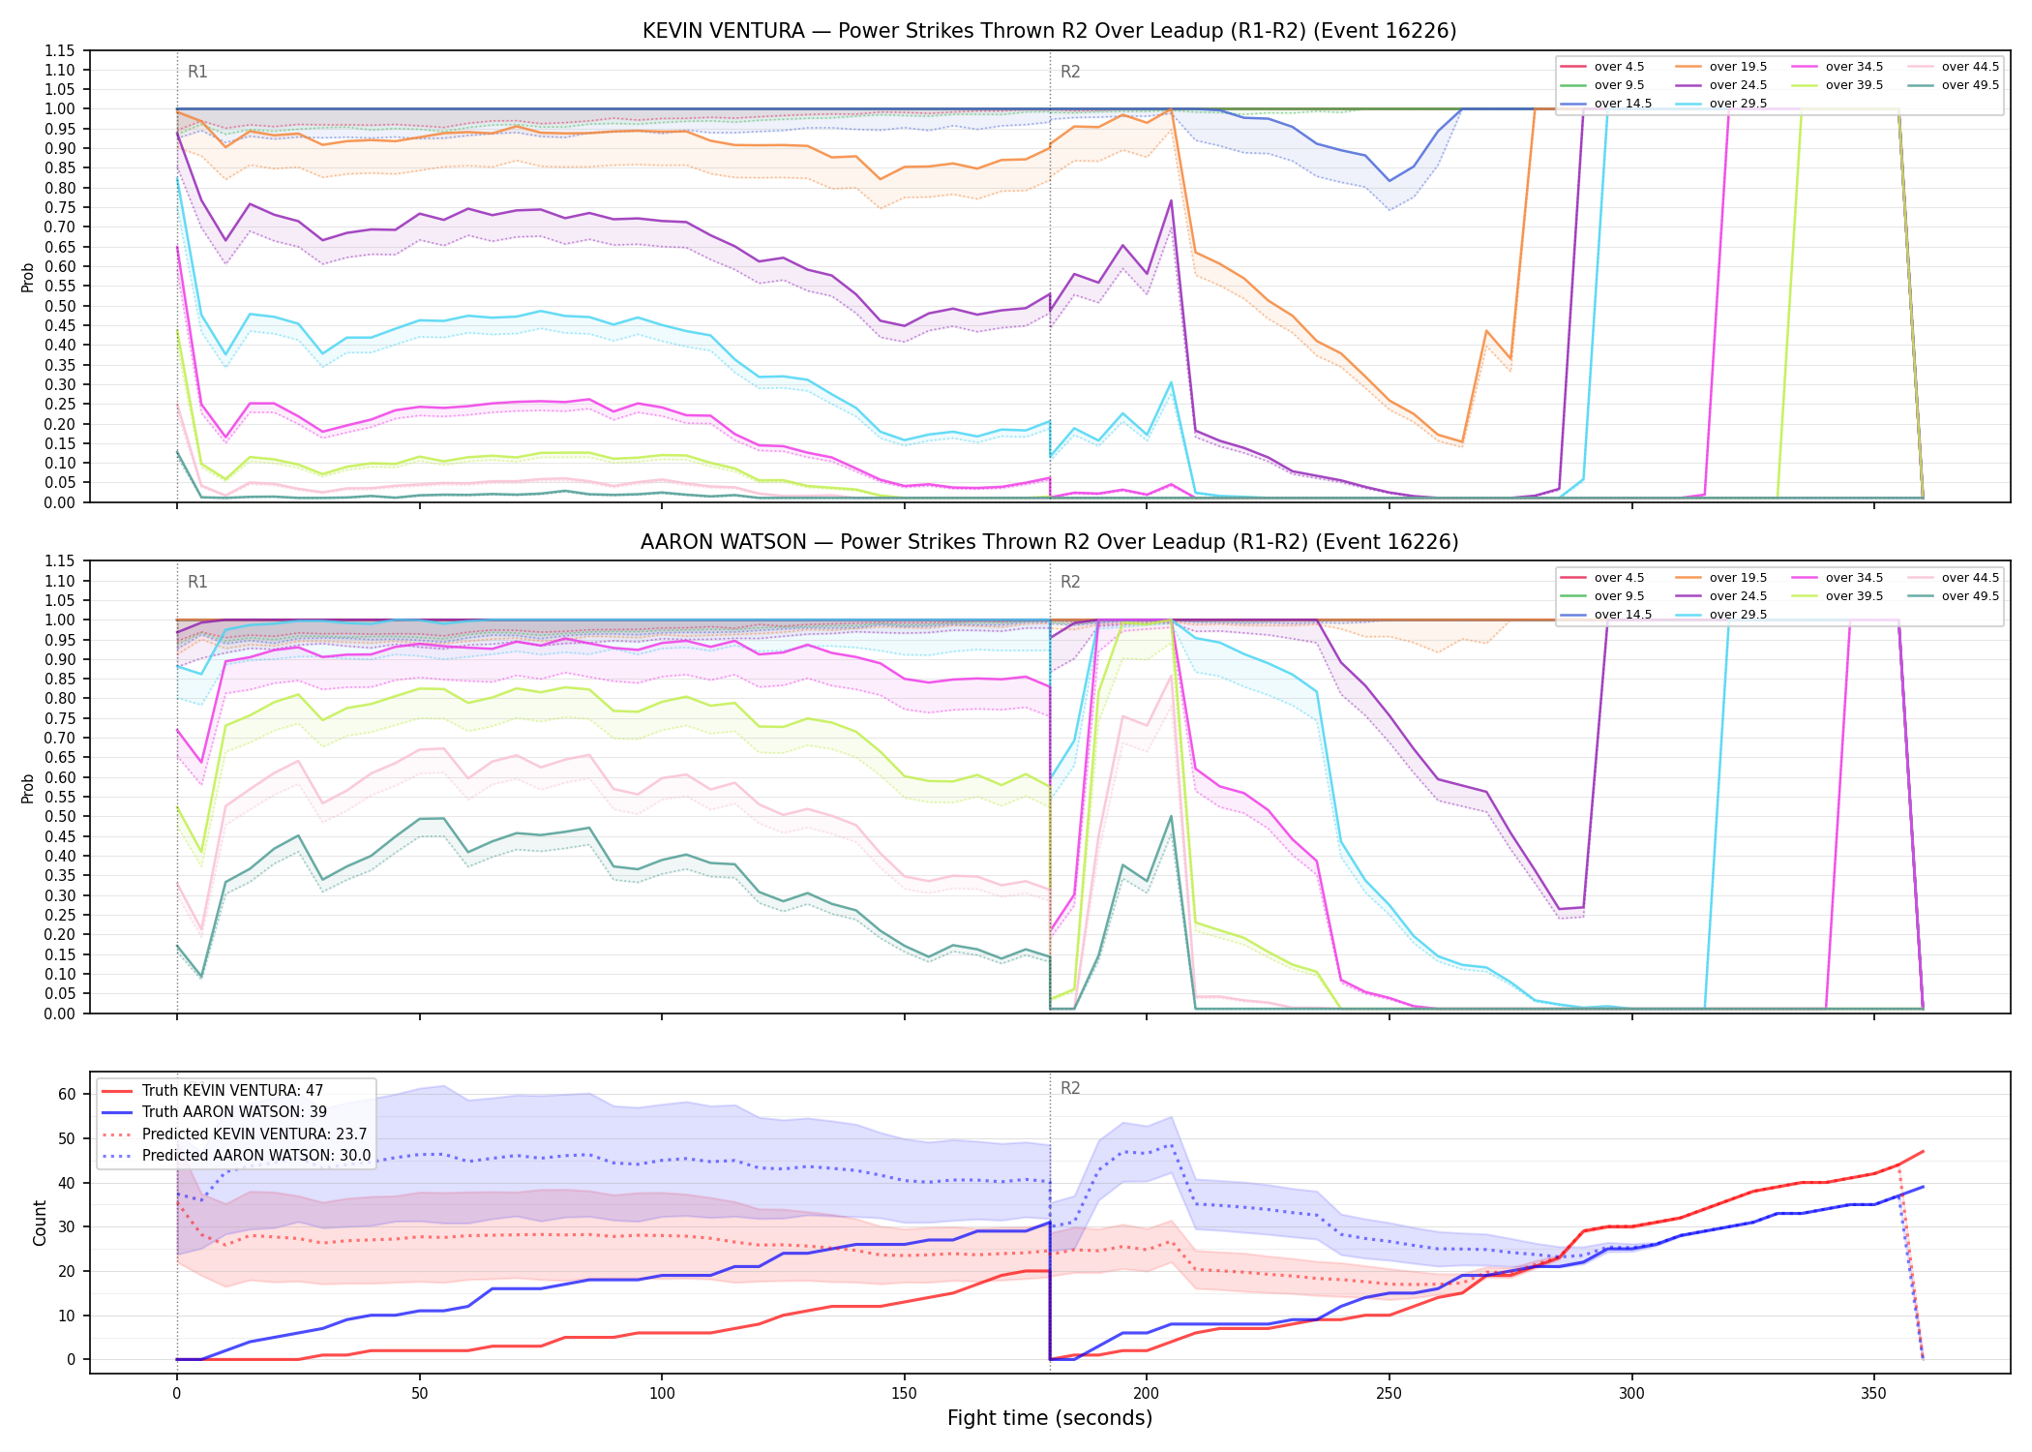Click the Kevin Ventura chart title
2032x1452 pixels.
1049,31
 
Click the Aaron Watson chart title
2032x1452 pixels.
1049,542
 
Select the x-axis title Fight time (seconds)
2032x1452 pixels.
1050,1418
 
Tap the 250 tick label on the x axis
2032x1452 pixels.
1389,1393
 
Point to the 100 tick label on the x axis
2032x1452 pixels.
662,1393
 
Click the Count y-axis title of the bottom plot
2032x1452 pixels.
40,1223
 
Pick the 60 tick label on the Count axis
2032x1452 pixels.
67,1094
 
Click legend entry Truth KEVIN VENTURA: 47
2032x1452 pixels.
232,1090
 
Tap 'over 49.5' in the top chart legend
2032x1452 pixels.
1970,85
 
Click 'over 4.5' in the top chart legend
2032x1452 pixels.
1619,67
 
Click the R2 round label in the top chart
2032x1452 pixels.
1070,72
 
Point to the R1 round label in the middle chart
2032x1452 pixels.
197,582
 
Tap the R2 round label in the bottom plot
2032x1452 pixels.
1070,1088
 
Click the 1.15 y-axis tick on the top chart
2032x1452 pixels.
61,50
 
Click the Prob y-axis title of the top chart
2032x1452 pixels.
28,277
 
